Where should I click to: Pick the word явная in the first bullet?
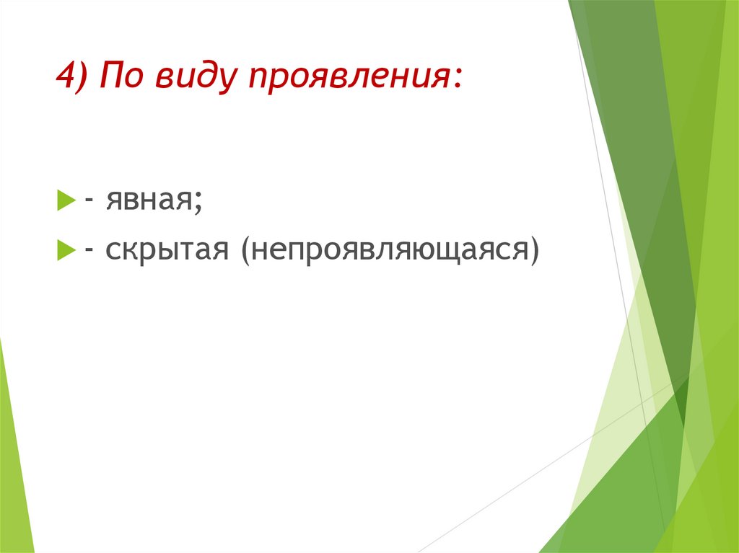(x=148, y=200)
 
